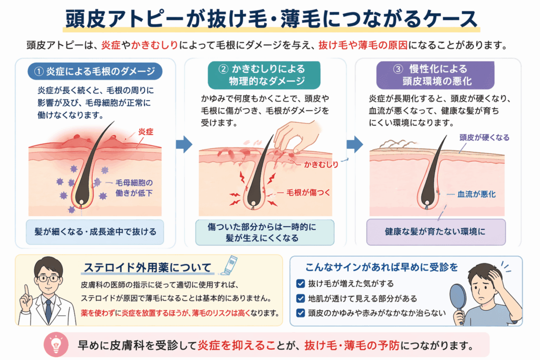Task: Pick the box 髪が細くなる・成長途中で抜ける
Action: (x=95, y=231)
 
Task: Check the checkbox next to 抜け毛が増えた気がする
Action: (x=301, y=284)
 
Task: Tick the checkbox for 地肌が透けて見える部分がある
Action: (x=301, y=298)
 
